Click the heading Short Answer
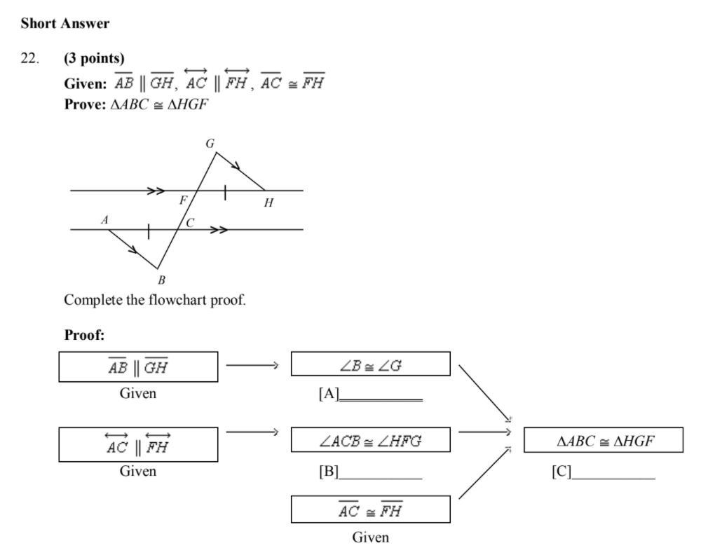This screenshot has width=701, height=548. (64, 23)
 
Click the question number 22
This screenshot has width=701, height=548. (30, 58)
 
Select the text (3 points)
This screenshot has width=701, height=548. (94, 58)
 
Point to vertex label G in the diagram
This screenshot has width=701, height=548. (210, 144)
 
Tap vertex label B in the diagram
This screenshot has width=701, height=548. (161, 280)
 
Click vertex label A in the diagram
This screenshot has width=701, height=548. (104, 220)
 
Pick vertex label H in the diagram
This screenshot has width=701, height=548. (268, 203)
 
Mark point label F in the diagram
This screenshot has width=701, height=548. (183, 200)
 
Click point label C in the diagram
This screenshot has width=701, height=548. (190, 223)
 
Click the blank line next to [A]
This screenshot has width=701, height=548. (381, 399)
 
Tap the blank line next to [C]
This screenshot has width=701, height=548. (613, 478)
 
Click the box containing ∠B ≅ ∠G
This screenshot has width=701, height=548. (370, 364)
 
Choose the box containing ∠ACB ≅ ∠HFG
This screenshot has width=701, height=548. (370, 441)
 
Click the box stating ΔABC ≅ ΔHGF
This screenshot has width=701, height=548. (603, 441)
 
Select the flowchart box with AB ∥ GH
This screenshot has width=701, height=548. (138, 367)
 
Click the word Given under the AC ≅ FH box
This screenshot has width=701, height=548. (370, 537)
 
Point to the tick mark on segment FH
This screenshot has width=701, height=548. (225, 191)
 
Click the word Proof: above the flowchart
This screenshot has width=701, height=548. (84, 335)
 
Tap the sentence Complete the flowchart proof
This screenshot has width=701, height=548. (155, 301)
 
